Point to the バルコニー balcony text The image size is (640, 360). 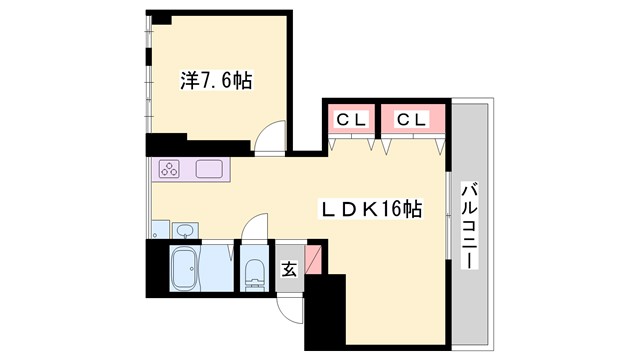[x=468, y=226]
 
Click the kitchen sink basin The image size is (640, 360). [x=210, y=169]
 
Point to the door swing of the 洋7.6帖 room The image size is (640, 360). [x=268, y=141]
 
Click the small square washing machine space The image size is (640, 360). [x=161, y=230]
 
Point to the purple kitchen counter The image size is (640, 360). [x=190, y=169]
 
